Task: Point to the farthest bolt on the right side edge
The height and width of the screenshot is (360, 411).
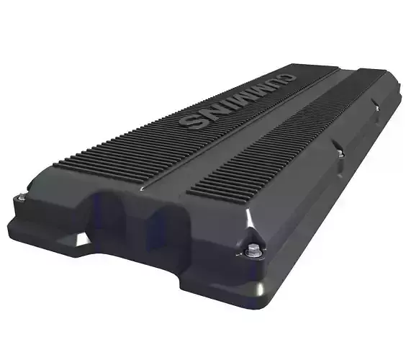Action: pyautogui.click(x=375, y=107)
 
